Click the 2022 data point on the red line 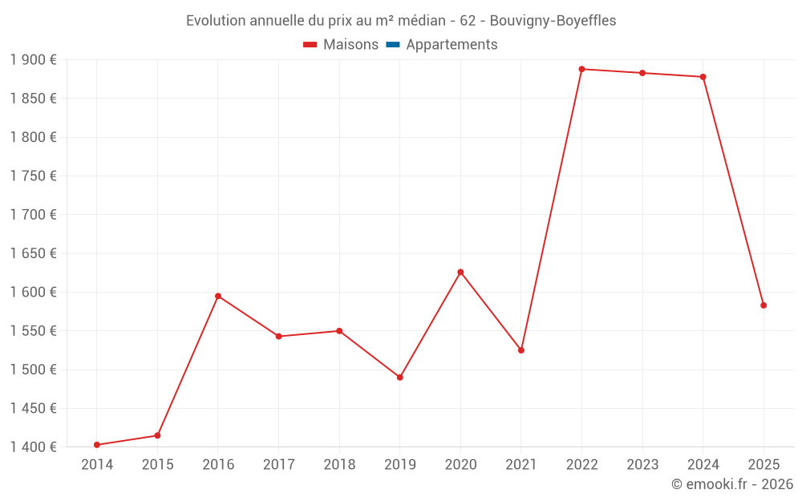click(x=581, y=69)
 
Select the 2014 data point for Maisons click(x=97, y=445)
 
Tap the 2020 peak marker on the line click(x=460, y=272)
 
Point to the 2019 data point click(x=399, y=377)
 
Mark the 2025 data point click(x=764, y=305)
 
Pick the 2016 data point click(x=218, y=296)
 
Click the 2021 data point click(x=521, y=350)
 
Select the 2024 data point click(x=703, y=77)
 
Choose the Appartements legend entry click(x=452, y=45)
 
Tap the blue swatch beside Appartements click(x=392, y=45)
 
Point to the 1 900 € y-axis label click(x=34, y=60)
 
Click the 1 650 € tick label click(x=34, y=253)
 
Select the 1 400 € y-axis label click(x=34, y=446)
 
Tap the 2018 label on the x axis click(x=339, y=465)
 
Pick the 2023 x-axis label click(x=642, y=465)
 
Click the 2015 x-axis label click(x=157, y=465)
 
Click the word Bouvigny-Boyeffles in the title click(x=553, y=21)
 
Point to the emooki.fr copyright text click(x=732, y=484)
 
